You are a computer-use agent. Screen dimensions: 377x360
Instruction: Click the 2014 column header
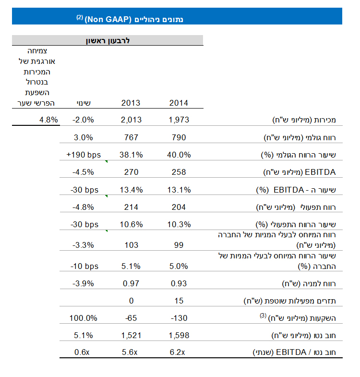179,103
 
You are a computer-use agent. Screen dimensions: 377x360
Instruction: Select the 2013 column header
131,103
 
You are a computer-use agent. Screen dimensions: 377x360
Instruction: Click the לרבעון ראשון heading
108,40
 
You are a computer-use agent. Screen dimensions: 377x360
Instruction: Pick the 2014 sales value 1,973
179,120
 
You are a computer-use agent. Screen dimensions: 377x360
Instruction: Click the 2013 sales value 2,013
131,120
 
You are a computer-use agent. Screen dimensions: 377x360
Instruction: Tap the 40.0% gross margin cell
179,155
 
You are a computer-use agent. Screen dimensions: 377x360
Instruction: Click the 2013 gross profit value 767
131,137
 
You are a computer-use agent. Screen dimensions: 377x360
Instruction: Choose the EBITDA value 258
179,172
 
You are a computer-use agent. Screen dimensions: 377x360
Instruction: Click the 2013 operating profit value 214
131,207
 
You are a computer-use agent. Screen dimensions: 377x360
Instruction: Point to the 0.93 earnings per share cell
179,283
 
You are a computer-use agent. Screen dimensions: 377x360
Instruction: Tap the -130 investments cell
179,318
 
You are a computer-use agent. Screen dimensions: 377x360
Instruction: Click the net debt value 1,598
179,335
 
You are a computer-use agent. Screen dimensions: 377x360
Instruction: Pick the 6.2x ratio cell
179,353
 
